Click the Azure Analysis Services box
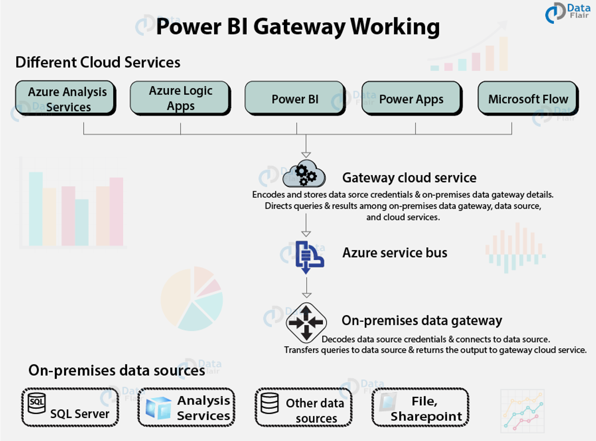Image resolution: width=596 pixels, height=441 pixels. click(x=65, y=98)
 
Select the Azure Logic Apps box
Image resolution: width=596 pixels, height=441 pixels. click(x=180, y=98)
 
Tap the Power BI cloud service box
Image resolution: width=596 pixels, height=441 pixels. click(x=295, y=98)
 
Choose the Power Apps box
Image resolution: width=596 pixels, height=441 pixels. click(x=411, y=99)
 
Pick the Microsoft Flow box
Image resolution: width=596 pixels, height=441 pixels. click(x=528, y=98)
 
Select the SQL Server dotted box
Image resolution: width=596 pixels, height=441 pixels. click(x=70, y=407)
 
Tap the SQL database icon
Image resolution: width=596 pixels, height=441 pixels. click(x=37, y=403)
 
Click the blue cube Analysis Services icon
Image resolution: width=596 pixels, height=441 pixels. click(x=158, y=408)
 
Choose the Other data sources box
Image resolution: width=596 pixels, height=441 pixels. click(x=303, y=407)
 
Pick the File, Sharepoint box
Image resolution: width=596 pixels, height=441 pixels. click(x=420, y=407)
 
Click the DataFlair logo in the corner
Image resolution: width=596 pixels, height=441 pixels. click(x=567, y=12)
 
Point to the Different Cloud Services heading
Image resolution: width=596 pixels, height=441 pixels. click(x=98, y=62)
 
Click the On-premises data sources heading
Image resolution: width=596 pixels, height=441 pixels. click(x=117, y=370)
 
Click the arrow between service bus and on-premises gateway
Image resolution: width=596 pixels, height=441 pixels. click(x=307, y=289)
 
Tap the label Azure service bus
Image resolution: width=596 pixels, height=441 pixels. click(x=395, y=253)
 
